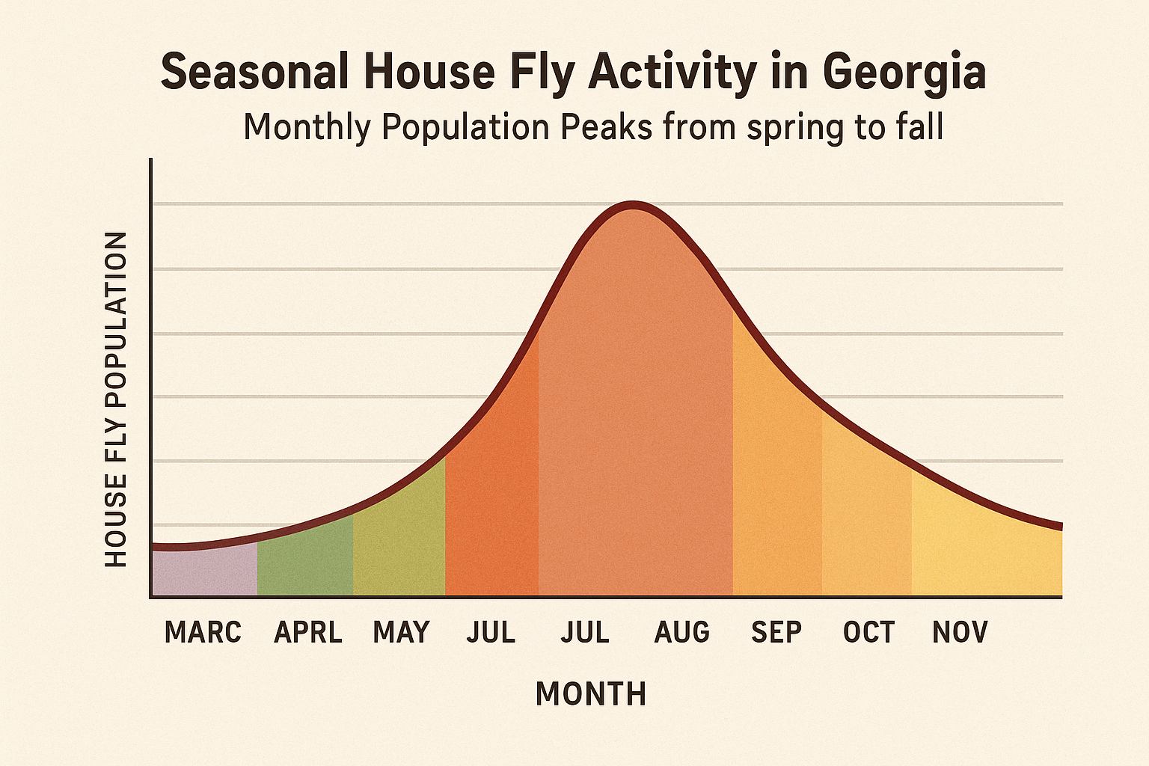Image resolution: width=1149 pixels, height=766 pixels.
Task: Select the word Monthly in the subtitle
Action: point(307,128)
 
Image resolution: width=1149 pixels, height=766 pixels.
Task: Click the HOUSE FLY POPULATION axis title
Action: point(116,399)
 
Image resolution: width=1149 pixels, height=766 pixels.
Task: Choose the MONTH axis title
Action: point(591,694)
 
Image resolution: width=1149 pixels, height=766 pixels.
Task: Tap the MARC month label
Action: point(203,633)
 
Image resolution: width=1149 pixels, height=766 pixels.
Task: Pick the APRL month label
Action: point(308,633)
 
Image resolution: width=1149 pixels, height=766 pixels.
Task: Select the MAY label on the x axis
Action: point(401,633)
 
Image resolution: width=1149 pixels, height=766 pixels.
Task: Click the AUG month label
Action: point(681,633)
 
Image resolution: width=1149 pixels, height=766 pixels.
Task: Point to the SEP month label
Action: point(776,633)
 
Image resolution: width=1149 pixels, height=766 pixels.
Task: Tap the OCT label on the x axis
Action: point(868,633)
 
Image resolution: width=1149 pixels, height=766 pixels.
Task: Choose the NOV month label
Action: point(960,633)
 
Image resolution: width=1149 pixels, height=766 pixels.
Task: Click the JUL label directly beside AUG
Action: point(585,633)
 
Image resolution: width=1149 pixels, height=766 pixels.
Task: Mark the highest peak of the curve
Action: point(633,206)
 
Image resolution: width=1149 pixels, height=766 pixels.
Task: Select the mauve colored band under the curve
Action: point(204,573)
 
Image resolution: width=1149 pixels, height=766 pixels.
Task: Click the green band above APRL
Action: point(305,561)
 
